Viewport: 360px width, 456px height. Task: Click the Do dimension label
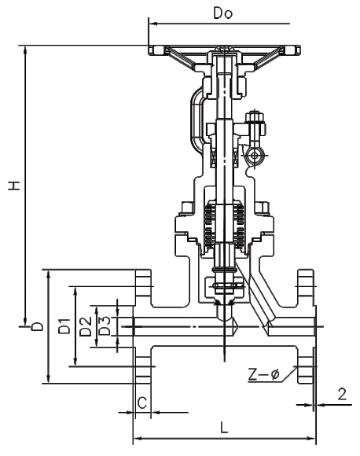coord(223,13)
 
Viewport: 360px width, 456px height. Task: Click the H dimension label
coord(14,186)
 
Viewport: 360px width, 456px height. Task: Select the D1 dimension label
coord(64,325)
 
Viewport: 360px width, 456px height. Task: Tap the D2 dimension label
coord(86,326)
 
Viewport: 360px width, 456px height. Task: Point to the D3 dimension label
coord(105,325)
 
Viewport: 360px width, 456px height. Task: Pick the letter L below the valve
coord(223,427)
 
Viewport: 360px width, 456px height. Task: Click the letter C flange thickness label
coord(142,403)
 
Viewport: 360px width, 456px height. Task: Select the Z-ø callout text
coord(263,374)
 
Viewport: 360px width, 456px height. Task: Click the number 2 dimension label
coord(342,395)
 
